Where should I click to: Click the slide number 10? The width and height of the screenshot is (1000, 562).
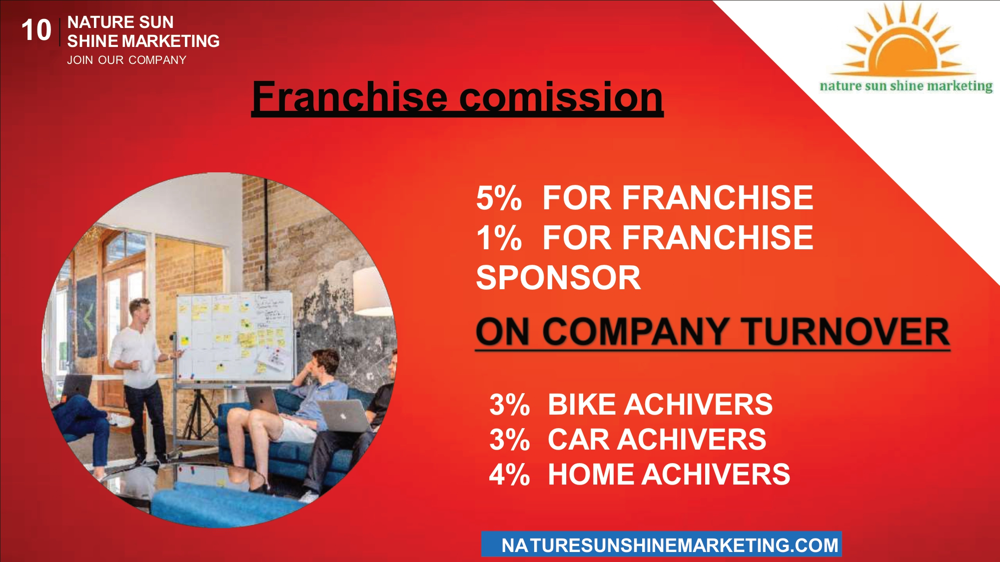[36, 30]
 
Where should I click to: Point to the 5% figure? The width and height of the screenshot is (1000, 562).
[499, 198]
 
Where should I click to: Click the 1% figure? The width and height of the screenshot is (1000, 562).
[499, 238]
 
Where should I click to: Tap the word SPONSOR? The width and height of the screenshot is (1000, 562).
[558, 278]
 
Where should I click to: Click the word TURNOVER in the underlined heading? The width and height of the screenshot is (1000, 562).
[845, 332]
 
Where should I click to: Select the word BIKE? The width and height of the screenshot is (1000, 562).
[582, 404]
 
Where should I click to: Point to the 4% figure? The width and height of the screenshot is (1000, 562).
[509, 474]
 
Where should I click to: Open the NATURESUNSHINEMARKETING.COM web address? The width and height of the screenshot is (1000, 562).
[670, 545]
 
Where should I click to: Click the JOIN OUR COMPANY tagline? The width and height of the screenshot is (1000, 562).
[126, 60]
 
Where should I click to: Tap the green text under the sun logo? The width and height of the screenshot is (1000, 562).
[906, 86]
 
